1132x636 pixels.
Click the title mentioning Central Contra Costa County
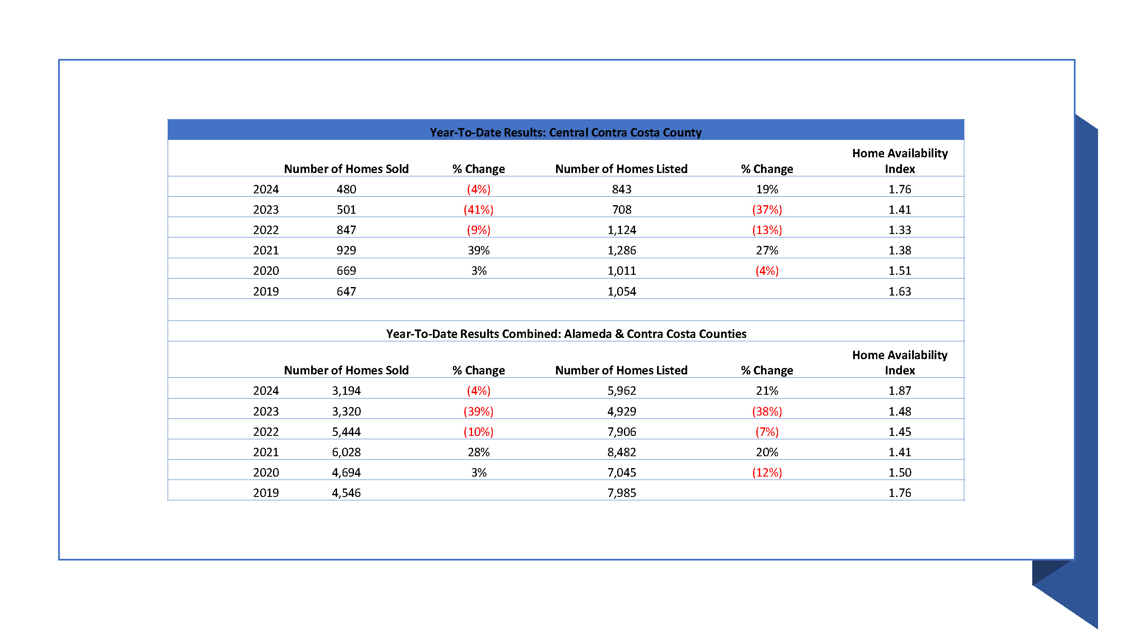click(x=565, y=132)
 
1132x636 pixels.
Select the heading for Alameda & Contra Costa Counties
click(x=566, y=334)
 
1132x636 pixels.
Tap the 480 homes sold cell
click(x=346, y=189)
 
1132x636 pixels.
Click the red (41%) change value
click(x=478, y=209)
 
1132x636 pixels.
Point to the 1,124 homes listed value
click(x=622, y=230)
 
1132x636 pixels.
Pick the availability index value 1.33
click(x=899, y=230)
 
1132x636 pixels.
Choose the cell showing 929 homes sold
click(x=346, y=250)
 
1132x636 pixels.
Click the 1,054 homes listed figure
click(x=622, y=291)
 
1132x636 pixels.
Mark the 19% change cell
click(x=767, y=189)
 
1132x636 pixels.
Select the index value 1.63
click(x=899, y=291)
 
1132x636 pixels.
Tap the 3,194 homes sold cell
click(x=346, y=391)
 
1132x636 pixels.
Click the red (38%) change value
click(x=767, y=411)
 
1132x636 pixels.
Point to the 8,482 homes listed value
click(x=622, y=452)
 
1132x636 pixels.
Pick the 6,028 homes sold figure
click(x=346, y=452)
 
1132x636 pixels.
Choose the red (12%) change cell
click(x=767, y=472)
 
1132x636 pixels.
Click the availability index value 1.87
click(x=899, y=391)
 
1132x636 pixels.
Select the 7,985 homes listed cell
click(x=622, y=493)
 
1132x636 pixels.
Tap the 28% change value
click(x=478, y=452)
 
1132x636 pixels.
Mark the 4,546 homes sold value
click(x=346, y=493)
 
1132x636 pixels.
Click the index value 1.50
click(x=899, y=472)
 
